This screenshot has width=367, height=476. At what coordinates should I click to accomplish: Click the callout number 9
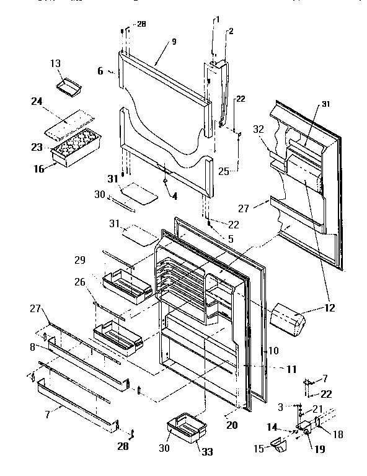[x=174, y=42]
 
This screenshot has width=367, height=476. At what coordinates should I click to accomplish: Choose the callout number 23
[x=37, y=147]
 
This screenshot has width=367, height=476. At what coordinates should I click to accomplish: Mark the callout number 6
[x=100, y=71]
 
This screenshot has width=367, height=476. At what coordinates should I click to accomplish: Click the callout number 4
[x=174, y=197]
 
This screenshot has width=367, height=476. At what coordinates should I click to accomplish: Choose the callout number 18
[x=338, y=435]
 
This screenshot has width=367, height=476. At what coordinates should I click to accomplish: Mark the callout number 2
[x=231, y=30]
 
